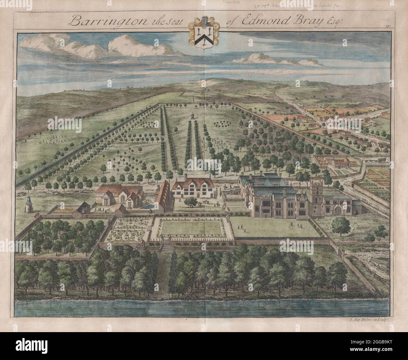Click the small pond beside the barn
tap(147, 207)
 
